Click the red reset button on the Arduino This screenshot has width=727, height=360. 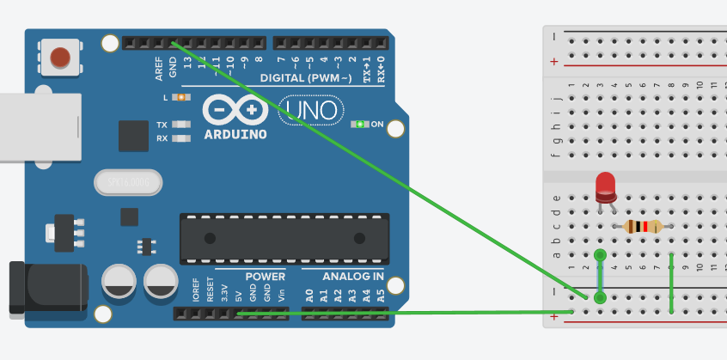(x=59, y=57)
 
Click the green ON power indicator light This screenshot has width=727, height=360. (x=362, y=125)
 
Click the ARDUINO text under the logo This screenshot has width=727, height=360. (x=235, y=135)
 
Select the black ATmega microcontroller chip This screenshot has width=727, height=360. (x=283, y=238)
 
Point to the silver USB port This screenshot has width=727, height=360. (x=34, y=128)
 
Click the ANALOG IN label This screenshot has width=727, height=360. (x=353, y=277)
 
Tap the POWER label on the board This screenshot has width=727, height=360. (x=265, y=277)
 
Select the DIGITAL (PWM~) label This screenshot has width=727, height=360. (x=306, y=78)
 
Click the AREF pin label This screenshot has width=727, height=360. (x=159, y=69)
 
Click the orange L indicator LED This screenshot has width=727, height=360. (x=181, y=98)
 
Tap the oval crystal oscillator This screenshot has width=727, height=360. (x=129, y=182)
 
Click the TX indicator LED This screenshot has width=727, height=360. (x=181, y=125)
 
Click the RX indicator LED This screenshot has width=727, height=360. (x=181, y=137)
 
